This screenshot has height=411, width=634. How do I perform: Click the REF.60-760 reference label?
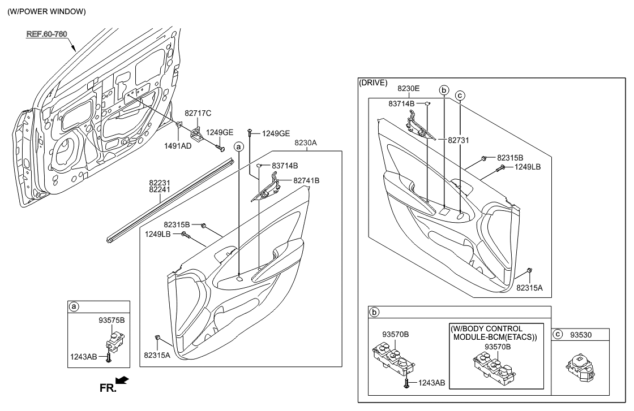click(47, 34)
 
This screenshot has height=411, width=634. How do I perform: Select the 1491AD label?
click(178, 145)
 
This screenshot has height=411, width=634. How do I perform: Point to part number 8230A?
click(305, 144)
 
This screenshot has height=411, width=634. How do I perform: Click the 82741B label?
click(306, 180)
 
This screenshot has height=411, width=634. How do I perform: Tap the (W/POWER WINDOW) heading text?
click(46, 12)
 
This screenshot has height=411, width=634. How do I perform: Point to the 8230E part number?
click(408, 89)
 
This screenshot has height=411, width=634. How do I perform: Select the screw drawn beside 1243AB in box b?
click(406, 383)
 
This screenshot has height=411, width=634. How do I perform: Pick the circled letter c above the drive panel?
click(460, 96)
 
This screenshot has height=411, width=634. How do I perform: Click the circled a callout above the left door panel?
click(239, 146)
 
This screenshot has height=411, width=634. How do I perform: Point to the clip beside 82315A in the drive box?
click(529, 272)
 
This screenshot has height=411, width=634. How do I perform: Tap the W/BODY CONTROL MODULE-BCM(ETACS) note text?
click(494, 333)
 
